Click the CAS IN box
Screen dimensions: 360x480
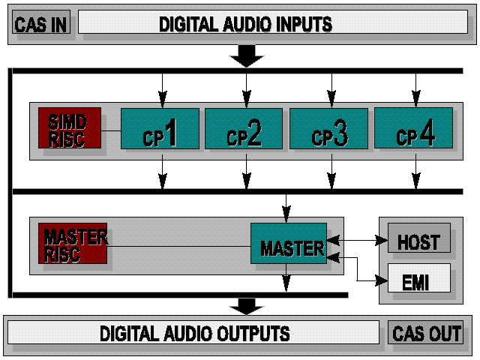click(41, 23)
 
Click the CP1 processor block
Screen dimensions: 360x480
click(160, 128)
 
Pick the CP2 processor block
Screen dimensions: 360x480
click(244, 128)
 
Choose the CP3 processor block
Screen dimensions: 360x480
click(328, 128)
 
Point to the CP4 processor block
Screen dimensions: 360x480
click(413, 128)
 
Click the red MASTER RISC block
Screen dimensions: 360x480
click(72, 243)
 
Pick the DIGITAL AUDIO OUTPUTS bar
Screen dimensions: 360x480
click(194, 332)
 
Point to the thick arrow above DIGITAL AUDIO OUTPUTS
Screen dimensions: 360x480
click(247, 305)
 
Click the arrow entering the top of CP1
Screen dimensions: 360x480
click(160, 91)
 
